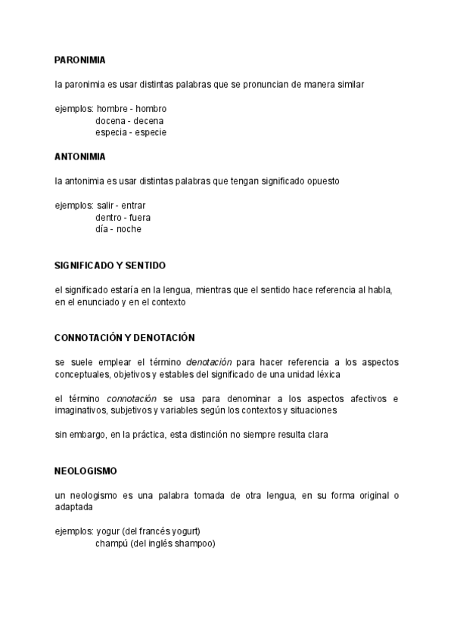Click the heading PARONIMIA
[80, 60]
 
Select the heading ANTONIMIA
[80, 156]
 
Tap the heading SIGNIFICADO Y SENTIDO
[110, 265]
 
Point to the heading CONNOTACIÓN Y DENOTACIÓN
[125, 337]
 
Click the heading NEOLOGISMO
[86, 470]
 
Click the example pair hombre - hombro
[132, 109]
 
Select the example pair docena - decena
[129, 121]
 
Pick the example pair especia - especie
[131, 132]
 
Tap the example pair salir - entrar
[121, 206]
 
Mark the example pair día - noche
[118, 229]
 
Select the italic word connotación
[132, 398]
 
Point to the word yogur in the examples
[108, 531]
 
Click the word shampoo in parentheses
[195, 543]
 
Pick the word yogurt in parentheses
[185, 531]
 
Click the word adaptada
[73, 507]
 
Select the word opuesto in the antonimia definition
[322, 181]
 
